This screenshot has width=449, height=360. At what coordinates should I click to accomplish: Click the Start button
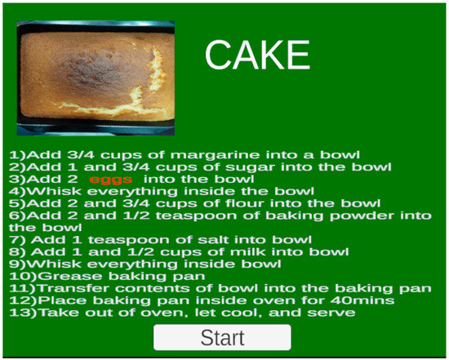[222, 337]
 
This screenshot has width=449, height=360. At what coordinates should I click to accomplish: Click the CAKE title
[257, 56]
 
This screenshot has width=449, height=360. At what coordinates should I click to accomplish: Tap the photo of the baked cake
[96, 78]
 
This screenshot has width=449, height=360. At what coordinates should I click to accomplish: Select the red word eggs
[110, 179]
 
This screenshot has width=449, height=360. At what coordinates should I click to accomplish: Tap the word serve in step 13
[335, 313]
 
